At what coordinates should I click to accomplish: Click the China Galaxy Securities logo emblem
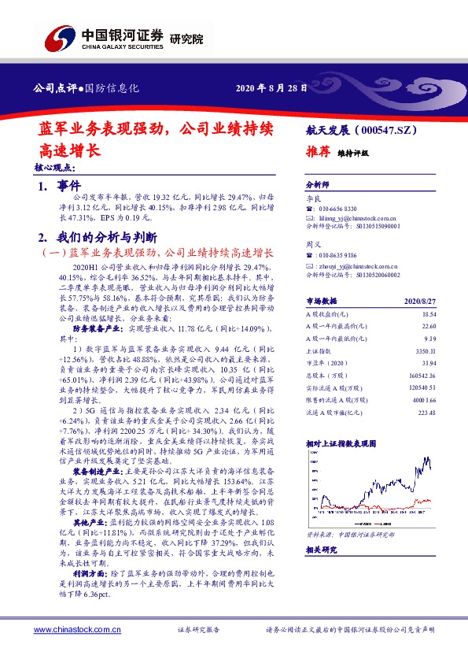pyautogui.click(x=58, y=35)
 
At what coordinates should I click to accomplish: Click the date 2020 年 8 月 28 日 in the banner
pyautogui.click(x=271, y=87)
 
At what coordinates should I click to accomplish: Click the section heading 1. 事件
pyautogui.click(x=61, y=186)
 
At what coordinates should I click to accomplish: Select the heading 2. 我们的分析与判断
pyautogui.click(x=98, y=236)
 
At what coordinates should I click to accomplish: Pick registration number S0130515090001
pyautogui.click(x=372, y=225)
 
